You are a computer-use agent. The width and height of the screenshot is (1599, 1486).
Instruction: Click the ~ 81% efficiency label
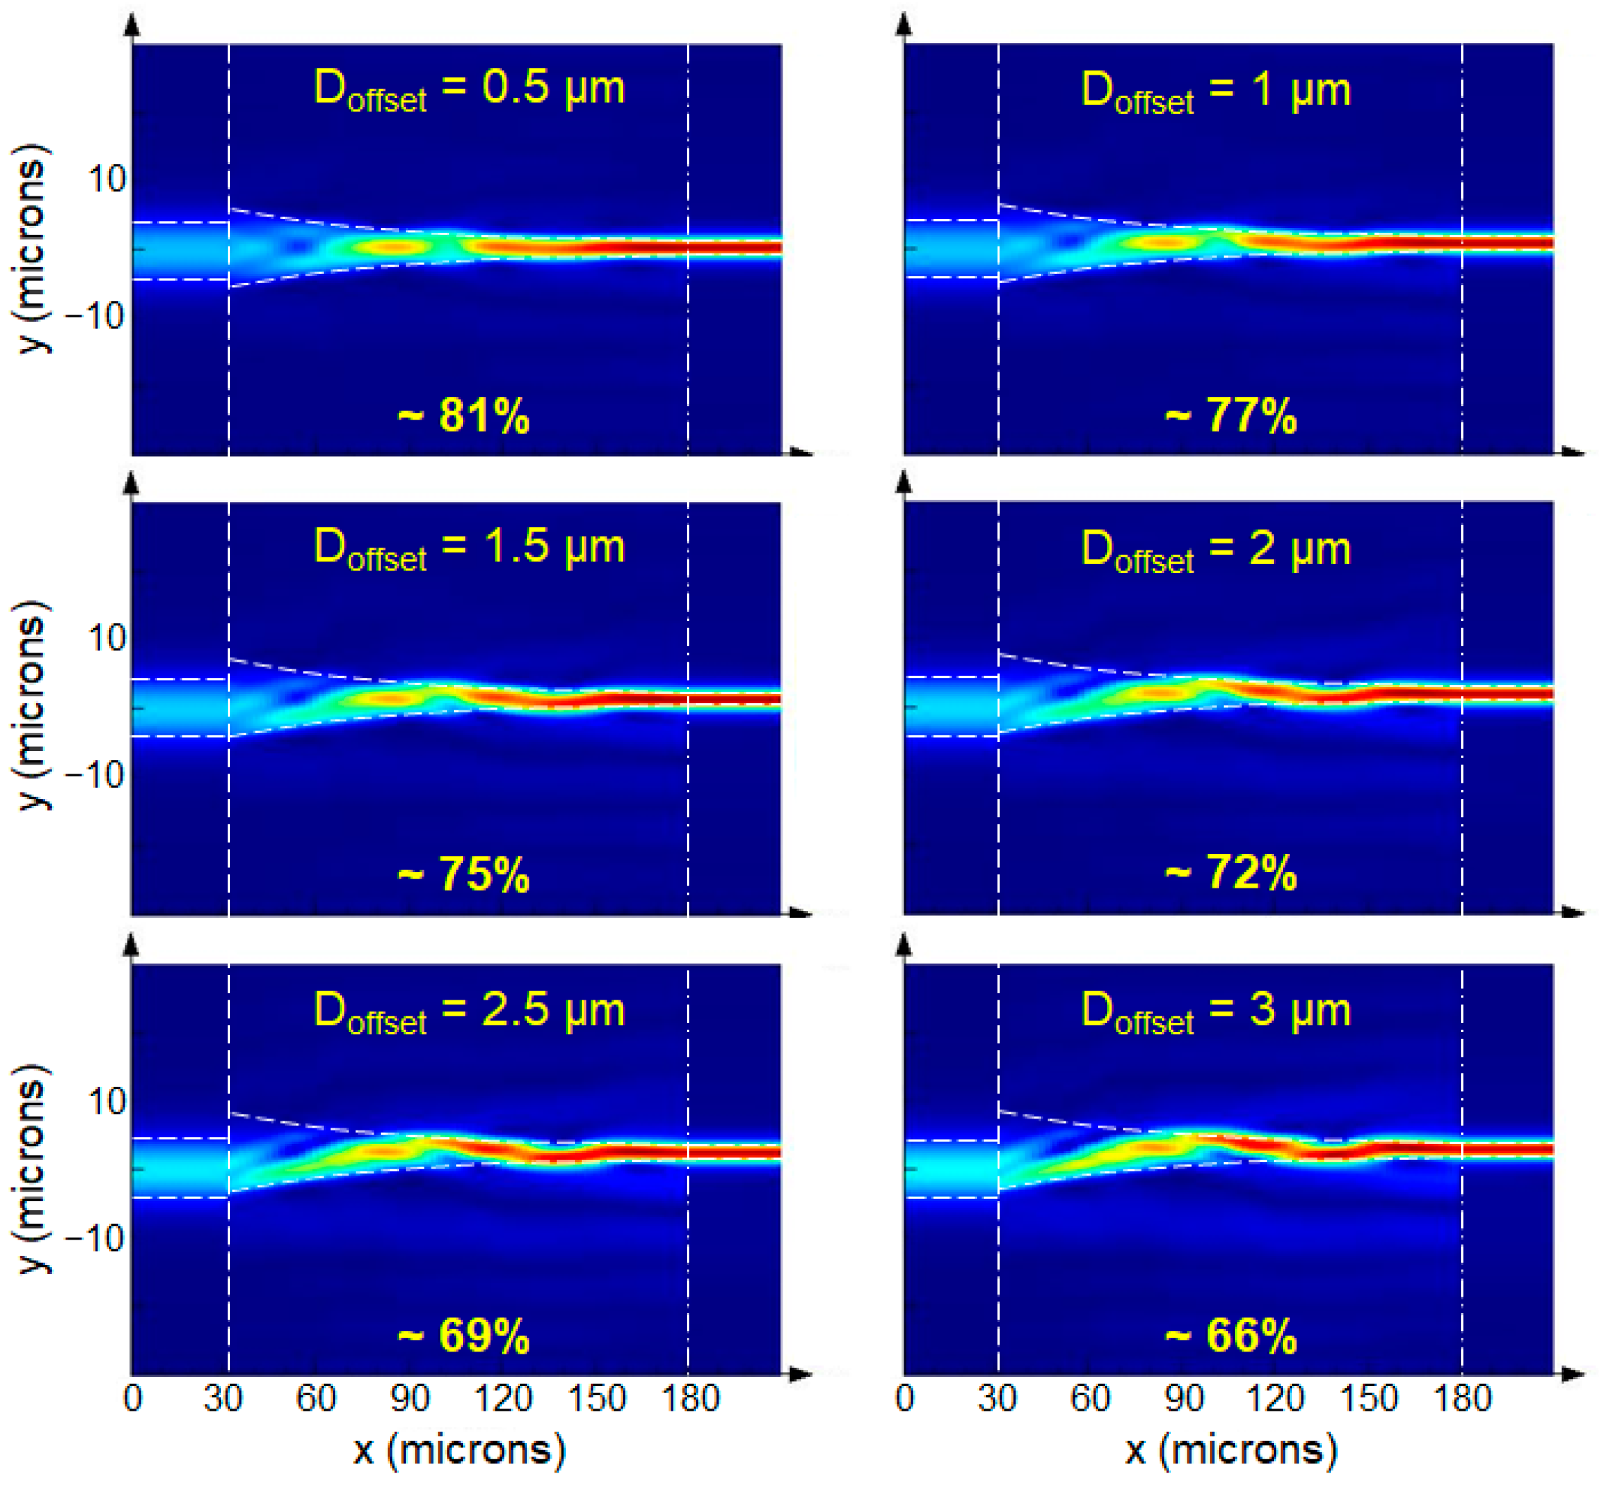[x=464, y=417]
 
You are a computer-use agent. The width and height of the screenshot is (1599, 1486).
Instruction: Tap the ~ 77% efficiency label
[x=1231, y=417]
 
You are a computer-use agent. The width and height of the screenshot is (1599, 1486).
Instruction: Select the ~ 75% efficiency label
[x=464, y=875]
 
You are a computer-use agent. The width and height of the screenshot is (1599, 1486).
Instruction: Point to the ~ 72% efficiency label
[x=1231, y=874]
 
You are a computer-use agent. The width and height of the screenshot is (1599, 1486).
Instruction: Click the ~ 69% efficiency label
[x=464, y=1337]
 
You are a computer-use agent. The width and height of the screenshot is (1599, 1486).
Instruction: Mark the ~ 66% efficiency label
[x=1231, y=1337]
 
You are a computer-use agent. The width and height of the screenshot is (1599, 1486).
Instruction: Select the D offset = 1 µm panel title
[x=1215, y=91]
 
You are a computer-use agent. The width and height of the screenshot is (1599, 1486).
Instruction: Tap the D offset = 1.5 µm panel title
[x=469, y=548]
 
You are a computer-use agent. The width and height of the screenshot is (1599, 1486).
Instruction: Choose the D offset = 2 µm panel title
[x=1215, y=550]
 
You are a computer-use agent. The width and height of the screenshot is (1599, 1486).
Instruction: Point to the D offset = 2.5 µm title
[x=469, y=1011]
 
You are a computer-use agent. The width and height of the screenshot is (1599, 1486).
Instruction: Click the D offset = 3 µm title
[x=1215, y=1011]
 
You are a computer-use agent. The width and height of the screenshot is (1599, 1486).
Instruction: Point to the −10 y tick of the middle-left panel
[x=95, y=775]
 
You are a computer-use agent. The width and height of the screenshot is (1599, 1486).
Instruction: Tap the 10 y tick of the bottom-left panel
[x=107, y=1102]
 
